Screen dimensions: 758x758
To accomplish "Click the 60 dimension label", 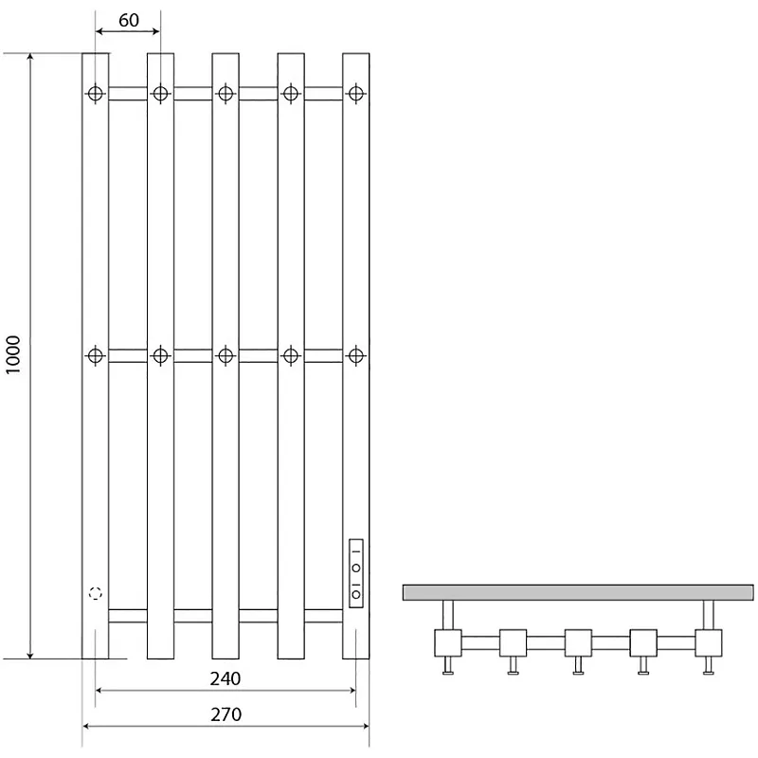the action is tap(129, 20).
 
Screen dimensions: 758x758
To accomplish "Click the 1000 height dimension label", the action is tap(13, 354).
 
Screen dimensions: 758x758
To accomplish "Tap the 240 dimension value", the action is tap(226, 678).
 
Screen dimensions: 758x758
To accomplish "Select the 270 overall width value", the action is tap(226, 714).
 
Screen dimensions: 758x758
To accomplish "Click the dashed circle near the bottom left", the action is tap(96, 593).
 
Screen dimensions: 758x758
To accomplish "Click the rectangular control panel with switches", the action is tap(356, 573).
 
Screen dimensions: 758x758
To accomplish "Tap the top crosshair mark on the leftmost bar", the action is tap(96, 93).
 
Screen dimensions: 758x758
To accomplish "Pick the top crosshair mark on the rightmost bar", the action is tap(356, 93).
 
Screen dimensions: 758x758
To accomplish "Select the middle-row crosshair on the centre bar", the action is tap(226, 356).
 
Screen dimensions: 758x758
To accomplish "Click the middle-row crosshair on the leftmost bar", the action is tap(96, 356).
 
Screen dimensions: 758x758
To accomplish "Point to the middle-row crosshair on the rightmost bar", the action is tap(356, 356).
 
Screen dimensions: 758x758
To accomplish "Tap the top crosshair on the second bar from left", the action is tap(160, 93).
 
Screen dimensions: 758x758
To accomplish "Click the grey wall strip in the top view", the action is tap(578, 592).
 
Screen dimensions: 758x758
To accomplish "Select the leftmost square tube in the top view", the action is tap(448, 643).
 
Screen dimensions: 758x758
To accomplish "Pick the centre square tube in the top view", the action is tap(578, 643).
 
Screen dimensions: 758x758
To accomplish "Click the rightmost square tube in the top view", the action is tap(709, 643).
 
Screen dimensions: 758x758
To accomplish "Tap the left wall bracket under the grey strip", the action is tap(448, 615).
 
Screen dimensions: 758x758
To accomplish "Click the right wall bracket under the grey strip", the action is tap(709, 615).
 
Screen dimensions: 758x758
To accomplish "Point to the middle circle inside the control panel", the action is tap(356, 568).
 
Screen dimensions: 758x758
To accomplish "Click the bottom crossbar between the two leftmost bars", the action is tap(128, 616).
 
